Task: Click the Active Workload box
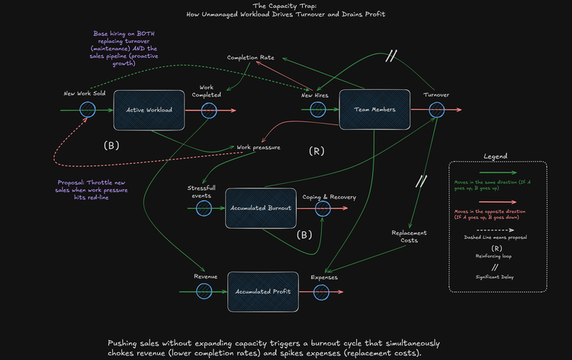click(x=149, y=110)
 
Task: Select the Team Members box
click(x=374, y=110)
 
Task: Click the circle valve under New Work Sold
click(x=84, y=110)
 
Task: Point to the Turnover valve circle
click(x=437, y=110)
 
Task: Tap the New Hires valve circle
click(x=317, y=110)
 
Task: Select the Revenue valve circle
click(x=204, y=291)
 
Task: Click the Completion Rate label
click(x=251, y=58)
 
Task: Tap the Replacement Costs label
click(x=409, y=236)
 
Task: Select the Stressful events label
click(x=202, y=191)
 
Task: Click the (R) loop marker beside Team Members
click(x=317, y=152)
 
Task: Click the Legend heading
click(x=495, y=156)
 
